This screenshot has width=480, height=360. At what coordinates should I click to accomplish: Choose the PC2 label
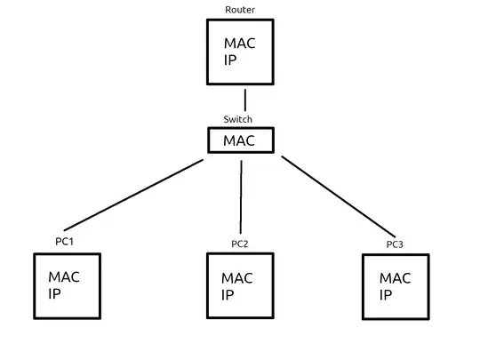[x=239, y=243]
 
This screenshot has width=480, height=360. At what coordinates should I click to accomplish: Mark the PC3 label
[x=395, y=244]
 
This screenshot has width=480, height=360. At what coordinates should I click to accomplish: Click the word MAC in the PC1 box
[x=65, y=277]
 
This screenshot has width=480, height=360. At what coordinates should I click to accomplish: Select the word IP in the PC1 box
[x=55, y=293]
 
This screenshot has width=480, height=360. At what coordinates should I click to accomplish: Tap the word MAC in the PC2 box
[x=237, y=278]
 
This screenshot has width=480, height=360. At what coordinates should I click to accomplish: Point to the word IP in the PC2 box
[x=228, y=295]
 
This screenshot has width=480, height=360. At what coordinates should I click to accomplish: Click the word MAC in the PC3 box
[x=396, y=278]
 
